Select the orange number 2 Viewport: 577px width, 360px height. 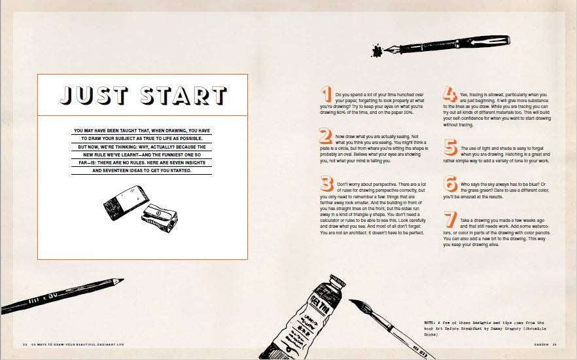(x=326, y=136)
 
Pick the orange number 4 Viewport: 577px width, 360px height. (x=450, y=95)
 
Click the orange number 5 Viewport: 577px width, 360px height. (x=450, y=148)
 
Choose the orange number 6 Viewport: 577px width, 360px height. (x=450, y=184)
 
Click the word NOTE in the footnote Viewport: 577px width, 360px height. (x=431, y=323)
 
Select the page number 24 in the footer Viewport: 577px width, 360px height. (x=24, y=344)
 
